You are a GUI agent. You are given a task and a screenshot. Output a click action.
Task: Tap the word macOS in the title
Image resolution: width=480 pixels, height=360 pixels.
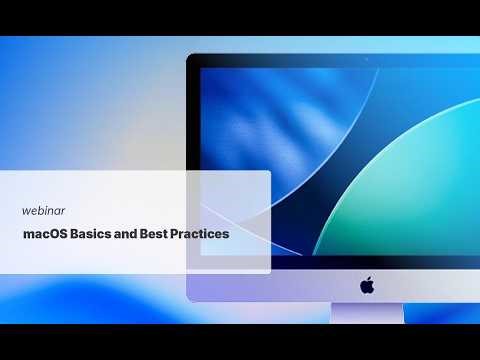pyautogui.click(x=46, y=235)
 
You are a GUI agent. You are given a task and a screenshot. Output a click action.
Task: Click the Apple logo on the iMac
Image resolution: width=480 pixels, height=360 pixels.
pyautogui.click(x=367, y=285)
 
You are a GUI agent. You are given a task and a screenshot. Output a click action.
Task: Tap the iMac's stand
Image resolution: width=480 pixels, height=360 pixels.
pyautogui.click(x=367, y=314)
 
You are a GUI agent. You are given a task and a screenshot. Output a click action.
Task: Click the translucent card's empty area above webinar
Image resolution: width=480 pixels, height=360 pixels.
pyautogui.click(x=130, y=188)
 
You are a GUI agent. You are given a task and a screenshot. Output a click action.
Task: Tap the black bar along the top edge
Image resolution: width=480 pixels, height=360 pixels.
pyautogui.click(x=240, y=17)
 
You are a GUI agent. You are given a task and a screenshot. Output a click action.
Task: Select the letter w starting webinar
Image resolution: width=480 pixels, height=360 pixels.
pyautogui.click(x=26, y=211)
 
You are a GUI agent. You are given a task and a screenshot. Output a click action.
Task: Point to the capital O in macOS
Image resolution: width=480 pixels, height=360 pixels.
pyautogui.click(x=54, y=235)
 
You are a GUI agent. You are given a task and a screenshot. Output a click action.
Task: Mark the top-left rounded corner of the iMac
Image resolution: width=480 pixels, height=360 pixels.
pyautogui.click(x=192, y=58)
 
